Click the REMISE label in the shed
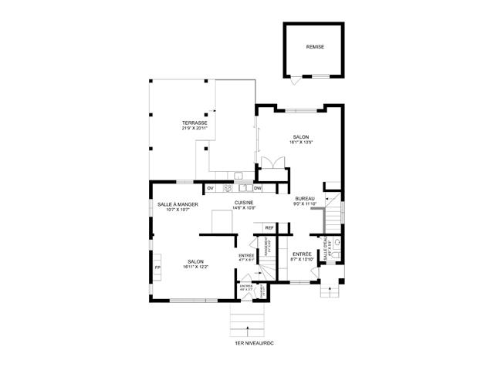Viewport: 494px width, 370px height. pyautogui.click(x=315, y=46)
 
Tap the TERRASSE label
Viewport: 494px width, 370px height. pyautogui.click(x=195, y=123)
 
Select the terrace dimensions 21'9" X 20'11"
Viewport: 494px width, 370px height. pyautogui.click(x=195, y=129)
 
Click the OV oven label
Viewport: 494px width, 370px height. pyautogui.click(x=210, y=187)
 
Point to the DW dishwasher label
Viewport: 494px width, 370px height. pyautogui.click(x=258, y=187)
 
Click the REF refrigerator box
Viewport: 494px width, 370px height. pyautogui.click(x=269, y=227)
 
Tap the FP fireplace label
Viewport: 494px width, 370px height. pyautogui.click(x=157, y=267)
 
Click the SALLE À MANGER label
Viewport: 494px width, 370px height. pyautogui.click(x=178, y=204)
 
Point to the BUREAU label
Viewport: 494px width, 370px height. pyautogui.click(x=303, y=199)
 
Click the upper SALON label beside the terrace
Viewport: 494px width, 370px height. pyautogui.click(x=300, y=136)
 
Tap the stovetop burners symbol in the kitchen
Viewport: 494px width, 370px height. pyautogui.click(x=228, y=187)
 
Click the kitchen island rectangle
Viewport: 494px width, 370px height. pyautogui.click(x=222, y=221)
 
